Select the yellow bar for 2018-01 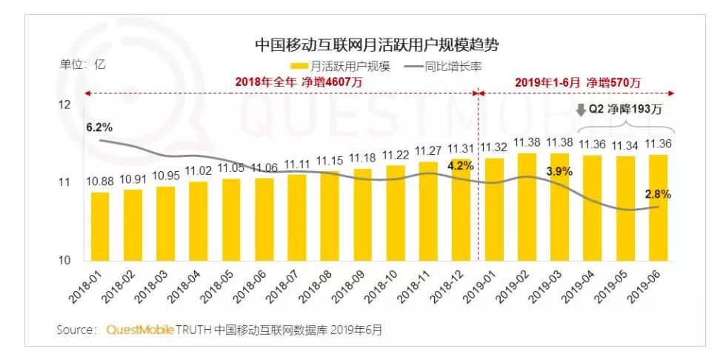tap(100, 226)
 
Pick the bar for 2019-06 tap(658, 207)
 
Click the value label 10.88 tap(100, 182)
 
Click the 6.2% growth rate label tap(99, 127)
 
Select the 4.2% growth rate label tap(460, 166)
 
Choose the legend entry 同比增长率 tap(444, 66)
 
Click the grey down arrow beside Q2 tap(580, 112)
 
